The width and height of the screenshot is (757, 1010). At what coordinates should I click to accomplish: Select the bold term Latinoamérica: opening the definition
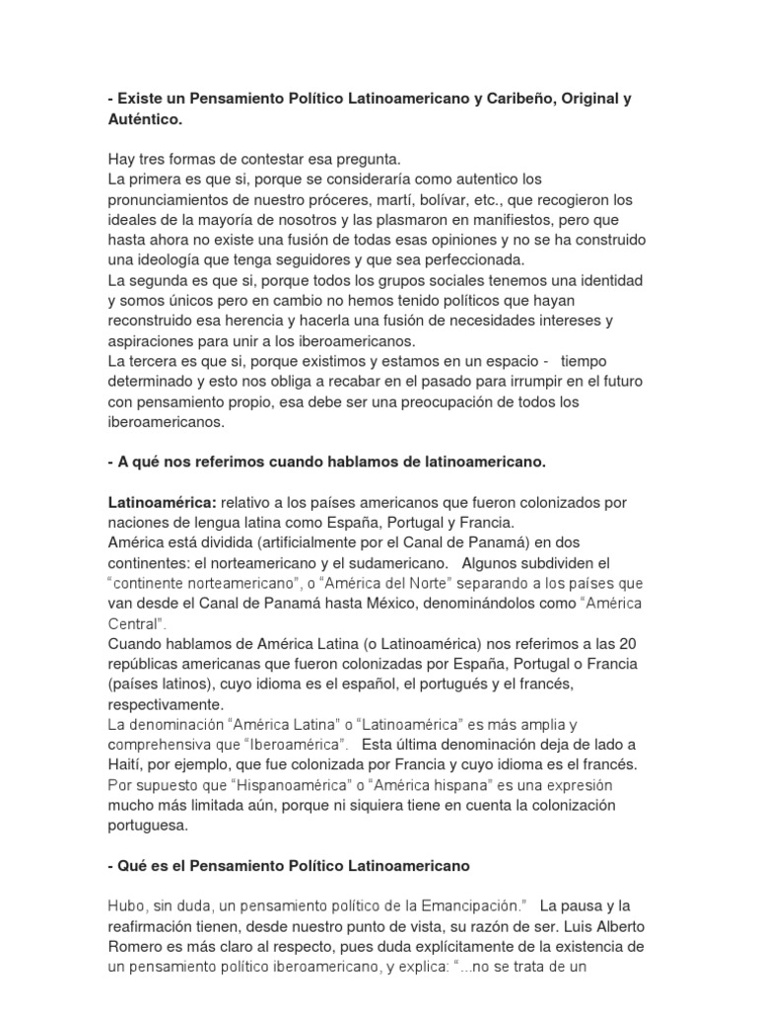162,502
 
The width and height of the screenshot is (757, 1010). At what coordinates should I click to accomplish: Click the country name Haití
127,765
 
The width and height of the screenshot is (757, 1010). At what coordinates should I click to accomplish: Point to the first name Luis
573,926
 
